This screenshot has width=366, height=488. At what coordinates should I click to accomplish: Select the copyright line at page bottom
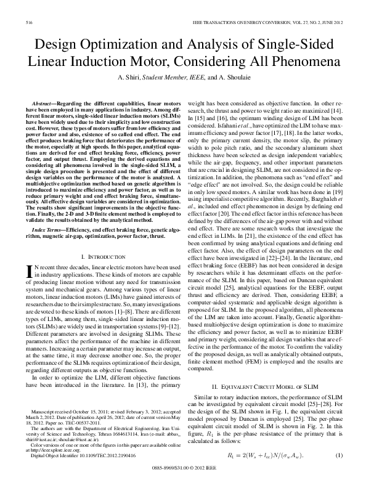(x=183, y=475)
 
